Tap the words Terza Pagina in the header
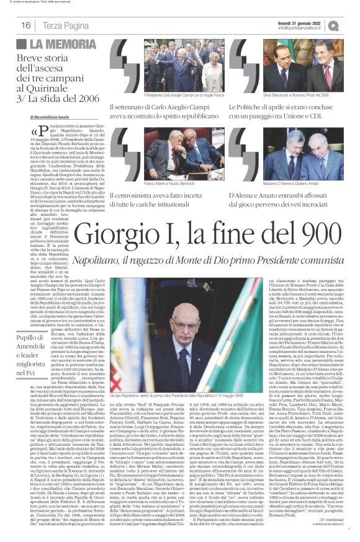[65, 25]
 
